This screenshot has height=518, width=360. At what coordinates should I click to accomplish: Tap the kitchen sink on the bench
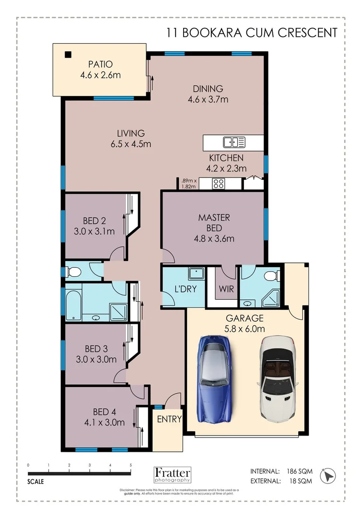pyautogui.click(x=234, y=142)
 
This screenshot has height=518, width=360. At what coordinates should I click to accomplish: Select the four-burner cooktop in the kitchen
pyautogui.click(x=218, y=183)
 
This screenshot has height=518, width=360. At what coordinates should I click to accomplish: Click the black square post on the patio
pyautogui.click(x=68, y=55)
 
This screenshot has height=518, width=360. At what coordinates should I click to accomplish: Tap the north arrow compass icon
pyautogui.click(x=328, y=476)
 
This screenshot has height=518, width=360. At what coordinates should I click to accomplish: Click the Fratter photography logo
pyautogui.click(x=173, y=475)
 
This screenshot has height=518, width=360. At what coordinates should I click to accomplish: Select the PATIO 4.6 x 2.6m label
pyautogui.click(x=100, y=70)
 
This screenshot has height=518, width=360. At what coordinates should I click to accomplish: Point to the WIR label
pyautogui.click(x=226, y=289)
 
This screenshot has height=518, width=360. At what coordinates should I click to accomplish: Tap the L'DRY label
pyautogui.click(x=186, y=289)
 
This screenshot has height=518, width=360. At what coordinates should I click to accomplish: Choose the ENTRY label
pyautogui.click(x=169, y=419)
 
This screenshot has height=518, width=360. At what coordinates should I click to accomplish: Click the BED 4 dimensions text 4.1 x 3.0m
pyautogui.click(x=105, y=422)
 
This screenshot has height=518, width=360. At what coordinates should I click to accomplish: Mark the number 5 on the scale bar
pyautogui.click(x=131, y=465)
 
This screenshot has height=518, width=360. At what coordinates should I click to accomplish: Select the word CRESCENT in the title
pyautogui.click(x=307, y=33)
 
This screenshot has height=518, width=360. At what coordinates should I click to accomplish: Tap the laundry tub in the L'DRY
pyautogui.click(x=197, y=274)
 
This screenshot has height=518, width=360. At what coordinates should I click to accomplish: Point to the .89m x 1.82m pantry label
pyautogui.click(x=189, y=183)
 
